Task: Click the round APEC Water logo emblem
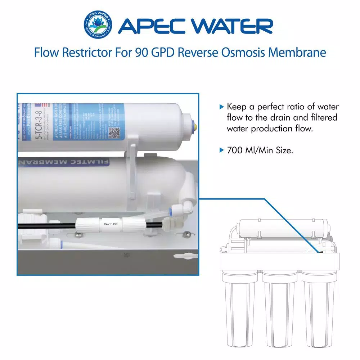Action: (x=97, y=26)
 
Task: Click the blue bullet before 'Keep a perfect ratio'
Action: (x=221, y=107)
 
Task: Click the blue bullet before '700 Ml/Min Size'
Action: (x=221, y=150)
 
